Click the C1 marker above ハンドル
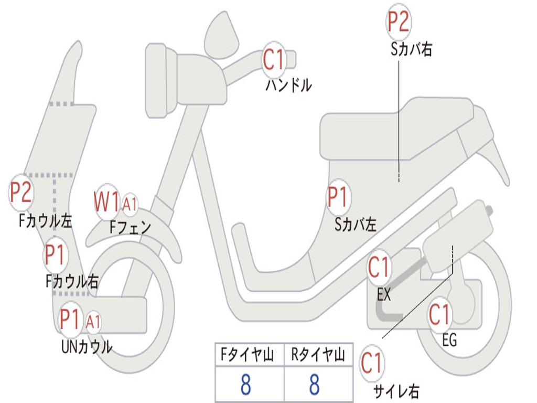(x=273, y=59)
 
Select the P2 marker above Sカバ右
(x=398, y=23)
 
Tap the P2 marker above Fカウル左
(x=22, y=193)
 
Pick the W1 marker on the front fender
(x=107, y=201)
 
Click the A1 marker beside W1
(x=130, y=204)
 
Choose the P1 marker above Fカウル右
(x=55, y=256)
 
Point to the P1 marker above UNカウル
(x=71, y=319)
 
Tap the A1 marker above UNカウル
(x=93, y=321)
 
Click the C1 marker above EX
(x=379, y=268)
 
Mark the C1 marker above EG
(x=439, y=315)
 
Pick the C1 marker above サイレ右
(x=372, y=363)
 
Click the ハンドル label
(x=288, y=85)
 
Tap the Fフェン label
(x=131, y=228)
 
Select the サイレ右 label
(x=396, y=390)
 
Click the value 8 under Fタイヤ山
(x=245, y=385)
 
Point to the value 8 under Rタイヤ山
(x=314, y=385)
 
